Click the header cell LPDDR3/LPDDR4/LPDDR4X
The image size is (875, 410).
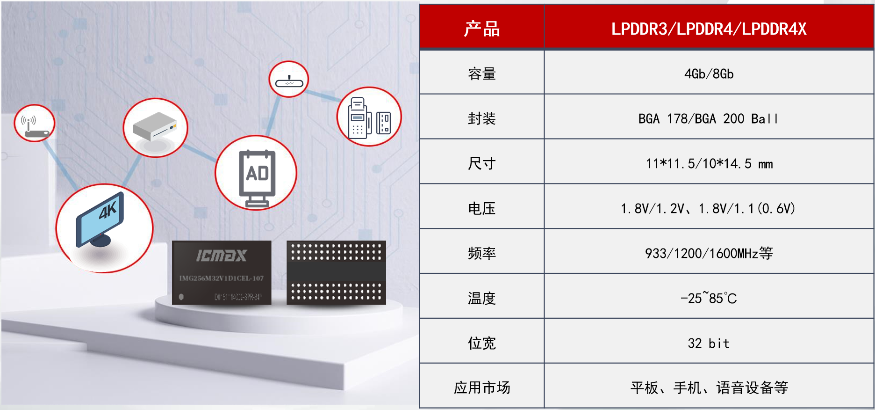(709, 29)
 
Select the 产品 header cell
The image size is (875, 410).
(482, 29)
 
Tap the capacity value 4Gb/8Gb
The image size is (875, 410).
(709, 74)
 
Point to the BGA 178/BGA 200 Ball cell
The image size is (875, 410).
(709, 119)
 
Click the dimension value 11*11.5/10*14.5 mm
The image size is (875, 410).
(709, 164)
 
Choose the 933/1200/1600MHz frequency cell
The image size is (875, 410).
(709, 253)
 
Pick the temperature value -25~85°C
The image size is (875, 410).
(709, 298)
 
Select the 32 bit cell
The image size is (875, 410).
(709, 343)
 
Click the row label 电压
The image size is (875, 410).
(482, 208)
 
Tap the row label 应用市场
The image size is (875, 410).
(482, 388)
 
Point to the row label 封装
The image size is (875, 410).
(482, 119)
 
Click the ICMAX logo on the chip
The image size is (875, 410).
(221, 256)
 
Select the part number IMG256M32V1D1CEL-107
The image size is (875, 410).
(222, 278)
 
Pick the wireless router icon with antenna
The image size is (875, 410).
(35, 124)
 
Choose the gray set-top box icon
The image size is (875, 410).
(155, 127)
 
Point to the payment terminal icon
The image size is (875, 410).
(369, 117)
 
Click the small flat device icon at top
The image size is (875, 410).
(289, 80)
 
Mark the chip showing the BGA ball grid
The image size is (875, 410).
(336, 273)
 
